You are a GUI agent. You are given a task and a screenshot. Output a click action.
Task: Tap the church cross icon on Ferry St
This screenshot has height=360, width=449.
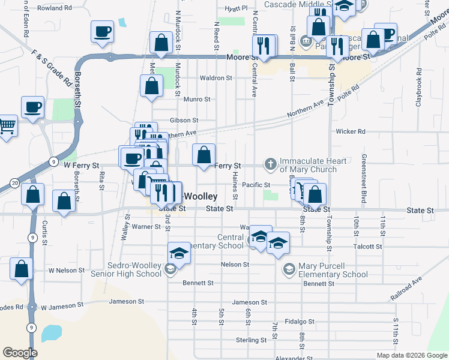click(x=271, y=163)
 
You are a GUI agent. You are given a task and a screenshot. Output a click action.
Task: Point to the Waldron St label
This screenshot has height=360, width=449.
click(x=215, y=78)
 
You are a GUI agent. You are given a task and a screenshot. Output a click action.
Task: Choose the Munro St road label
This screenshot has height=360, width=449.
click(x=197, y=99)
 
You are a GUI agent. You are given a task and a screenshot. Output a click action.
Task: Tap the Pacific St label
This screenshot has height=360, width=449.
click(x=258, y=185)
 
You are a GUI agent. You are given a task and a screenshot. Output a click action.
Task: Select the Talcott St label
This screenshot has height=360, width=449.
click(x=368, y=247)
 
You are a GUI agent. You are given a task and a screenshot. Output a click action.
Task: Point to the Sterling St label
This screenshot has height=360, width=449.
click(x=251, y=340)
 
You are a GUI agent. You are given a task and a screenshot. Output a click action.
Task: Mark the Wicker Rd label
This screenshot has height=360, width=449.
click(x=351, y=131)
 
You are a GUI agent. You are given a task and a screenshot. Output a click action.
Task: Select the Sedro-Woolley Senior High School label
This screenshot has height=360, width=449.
click(x=128, y=269)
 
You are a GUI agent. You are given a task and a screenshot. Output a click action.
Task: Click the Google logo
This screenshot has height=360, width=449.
click(x=20, y=353)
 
